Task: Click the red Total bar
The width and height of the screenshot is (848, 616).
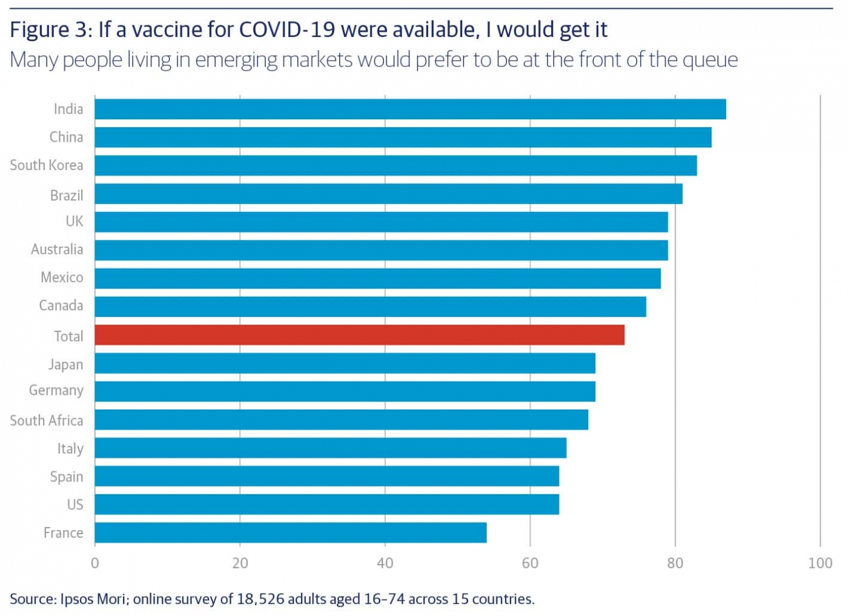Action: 359,335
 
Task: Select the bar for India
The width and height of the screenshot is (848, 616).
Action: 410,109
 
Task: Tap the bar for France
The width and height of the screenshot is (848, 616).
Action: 290,532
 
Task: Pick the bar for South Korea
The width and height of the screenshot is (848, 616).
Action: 396,165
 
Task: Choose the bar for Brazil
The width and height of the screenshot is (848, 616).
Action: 388,194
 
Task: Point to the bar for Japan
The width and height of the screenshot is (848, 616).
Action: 345,363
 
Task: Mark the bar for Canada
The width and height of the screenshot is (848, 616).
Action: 370,306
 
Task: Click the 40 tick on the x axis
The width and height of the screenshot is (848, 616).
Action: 385,563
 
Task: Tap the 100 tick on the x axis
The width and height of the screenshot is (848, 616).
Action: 820,563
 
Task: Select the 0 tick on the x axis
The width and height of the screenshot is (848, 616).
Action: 95,563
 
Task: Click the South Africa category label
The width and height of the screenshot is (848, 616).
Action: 47,420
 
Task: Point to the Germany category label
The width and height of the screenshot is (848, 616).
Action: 56,391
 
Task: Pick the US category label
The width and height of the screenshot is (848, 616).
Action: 75,505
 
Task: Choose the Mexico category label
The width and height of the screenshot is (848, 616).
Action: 62,277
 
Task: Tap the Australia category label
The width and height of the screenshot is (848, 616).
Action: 57,250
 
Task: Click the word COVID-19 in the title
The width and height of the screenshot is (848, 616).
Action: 287,30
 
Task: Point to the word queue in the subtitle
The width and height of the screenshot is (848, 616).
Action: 710,60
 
